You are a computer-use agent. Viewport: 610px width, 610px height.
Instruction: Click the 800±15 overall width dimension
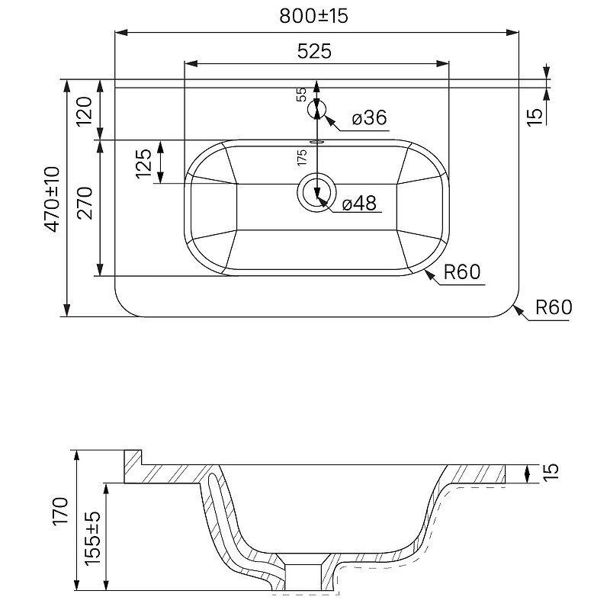click(313, 16)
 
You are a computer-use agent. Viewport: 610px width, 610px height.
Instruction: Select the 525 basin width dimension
click(314, 51)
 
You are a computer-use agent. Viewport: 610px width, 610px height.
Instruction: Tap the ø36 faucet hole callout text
click(370, 117)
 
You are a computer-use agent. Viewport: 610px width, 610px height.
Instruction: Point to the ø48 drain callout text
click(359, 203)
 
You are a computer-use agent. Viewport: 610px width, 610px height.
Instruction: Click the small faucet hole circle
click(316, 110)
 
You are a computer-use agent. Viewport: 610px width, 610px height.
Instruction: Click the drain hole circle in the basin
click(316, 193)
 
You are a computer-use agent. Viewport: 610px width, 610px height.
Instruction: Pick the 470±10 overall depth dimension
click(52, 199)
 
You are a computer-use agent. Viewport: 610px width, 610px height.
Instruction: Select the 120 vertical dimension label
click(85, 111)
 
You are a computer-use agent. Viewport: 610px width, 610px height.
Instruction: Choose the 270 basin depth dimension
click(85, 203)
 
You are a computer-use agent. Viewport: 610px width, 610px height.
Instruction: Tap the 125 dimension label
click(143, 163)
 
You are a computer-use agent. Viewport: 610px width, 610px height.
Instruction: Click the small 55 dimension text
click(301, 95)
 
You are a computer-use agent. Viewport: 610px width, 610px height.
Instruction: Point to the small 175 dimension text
click(301, 157)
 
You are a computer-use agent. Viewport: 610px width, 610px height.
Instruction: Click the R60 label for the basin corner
click(462, 272)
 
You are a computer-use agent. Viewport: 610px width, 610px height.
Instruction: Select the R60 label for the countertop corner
click(554, 307)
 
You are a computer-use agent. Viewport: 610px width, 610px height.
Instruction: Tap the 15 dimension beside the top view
click(535, 117)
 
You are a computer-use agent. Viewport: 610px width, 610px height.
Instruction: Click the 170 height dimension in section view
click(61, 512)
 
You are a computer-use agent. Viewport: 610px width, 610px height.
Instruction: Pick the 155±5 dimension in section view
click(91, 538)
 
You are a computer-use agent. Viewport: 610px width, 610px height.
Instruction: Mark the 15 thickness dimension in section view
click(551, 472)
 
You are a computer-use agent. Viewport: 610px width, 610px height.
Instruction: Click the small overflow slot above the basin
click(316, 143)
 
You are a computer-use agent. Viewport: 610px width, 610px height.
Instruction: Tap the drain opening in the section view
click(303, 577)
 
